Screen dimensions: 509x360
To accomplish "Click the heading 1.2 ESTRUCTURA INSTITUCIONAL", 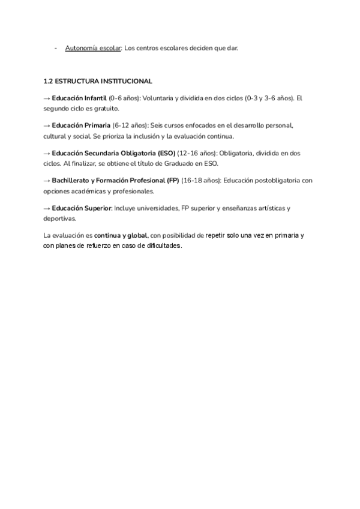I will click(x=98, y=81).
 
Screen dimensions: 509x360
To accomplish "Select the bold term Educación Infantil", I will click(x=79, y=97).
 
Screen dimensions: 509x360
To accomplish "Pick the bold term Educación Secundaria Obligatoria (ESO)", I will click(x=113, y=153).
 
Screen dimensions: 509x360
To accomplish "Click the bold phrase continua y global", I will click(x=121, y=236).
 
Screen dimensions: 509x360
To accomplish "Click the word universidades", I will click(x=160, y=208).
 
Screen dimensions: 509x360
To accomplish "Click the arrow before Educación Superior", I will click(x=47, y=208).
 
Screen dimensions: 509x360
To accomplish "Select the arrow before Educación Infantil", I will click(x=47, y=97).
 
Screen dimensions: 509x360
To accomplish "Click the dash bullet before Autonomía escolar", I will click(x=55, y=49).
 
